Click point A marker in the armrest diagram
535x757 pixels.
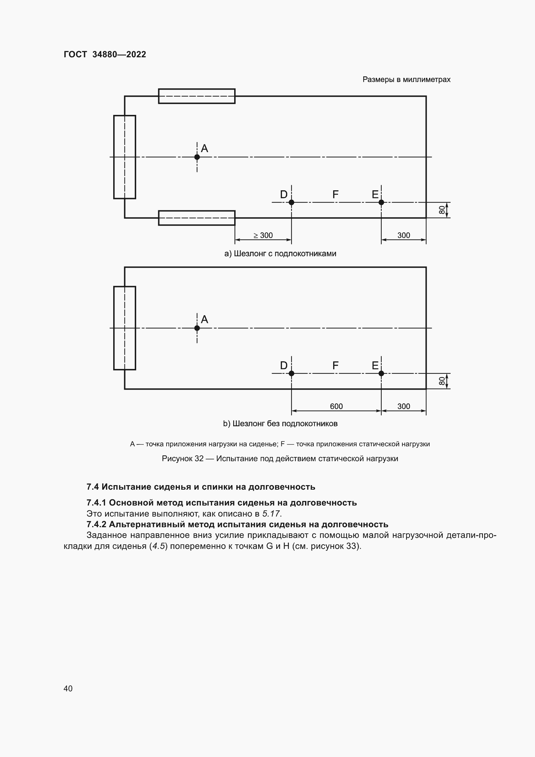pyautogui.click(x=197, y=157)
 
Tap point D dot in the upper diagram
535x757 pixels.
pyautogui.click(x=291, y=202)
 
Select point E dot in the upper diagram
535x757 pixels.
pyautogui.click(x=381, y=202)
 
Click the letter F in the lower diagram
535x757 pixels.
pyautogui.click(x=335, y=365)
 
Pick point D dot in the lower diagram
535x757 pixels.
pyautogui.click(x=291, y=373)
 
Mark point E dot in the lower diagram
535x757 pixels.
pyautogui.click(x=381, y=373)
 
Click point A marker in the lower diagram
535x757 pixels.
pyautogui.click(x=197, y=328)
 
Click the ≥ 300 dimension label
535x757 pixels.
pyautogui.click(x=263, y=235)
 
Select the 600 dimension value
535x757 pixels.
pyautogui.click(x=336, y=406)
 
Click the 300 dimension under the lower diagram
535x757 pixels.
pyautogui.click(x=404, y=406)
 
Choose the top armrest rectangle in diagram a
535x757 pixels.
pyautogui.click(x=197, y=96)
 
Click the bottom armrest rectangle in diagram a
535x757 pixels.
pyautogui.click(x=197, y=218)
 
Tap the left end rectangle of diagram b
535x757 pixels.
pyautogui.click(x=125, y=328)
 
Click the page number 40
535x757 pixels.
pyautogui.click(x=68, y=688)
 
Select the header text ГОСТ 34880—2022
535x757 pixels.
pyautogui.click(x=105, y=54)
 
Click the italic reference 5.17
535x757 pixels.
pyautogui.click(x=271, y=514)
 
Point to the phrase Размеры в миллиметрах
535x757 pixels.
pyautogui.click(x=406, y=80)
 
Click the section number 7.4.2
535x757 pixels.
pyautogui.click(x=96, y=525)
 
